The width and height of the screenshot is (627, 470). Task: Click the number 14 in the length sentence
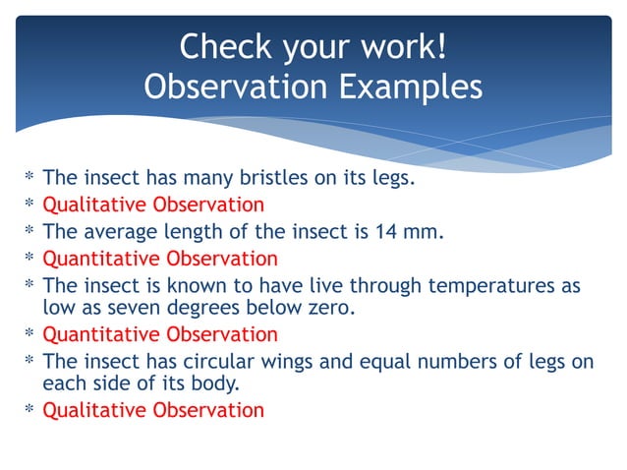point(401,232)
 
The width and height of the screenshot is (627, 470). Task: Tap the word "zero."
point(327,308)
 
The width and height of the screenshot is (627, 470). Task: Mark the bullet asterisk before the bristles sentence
point(29,179)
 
